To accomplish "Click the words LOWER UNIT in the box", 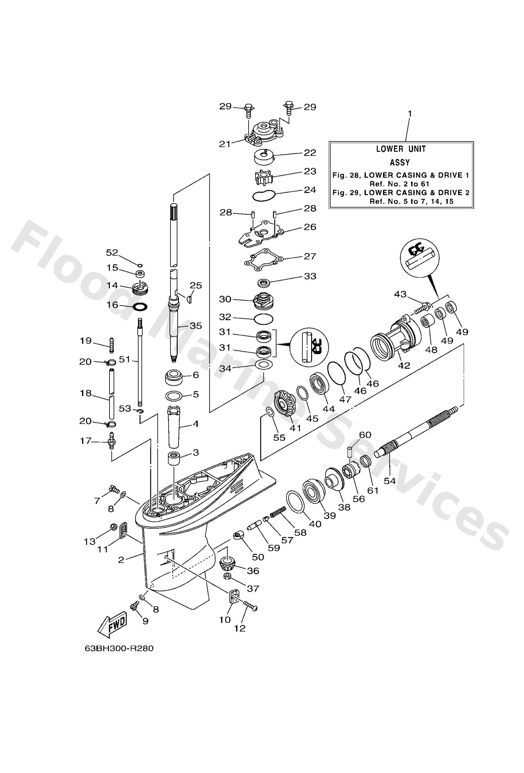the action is tap(401, 149).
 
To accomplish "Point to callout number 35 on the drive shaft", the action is tap(195, 325).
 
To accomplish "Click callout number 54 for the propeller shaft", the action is tap(390, 481).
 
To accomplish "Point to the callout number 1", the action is tap(410, 113).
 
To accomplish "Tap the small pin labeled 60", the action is tap(349, 452).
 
